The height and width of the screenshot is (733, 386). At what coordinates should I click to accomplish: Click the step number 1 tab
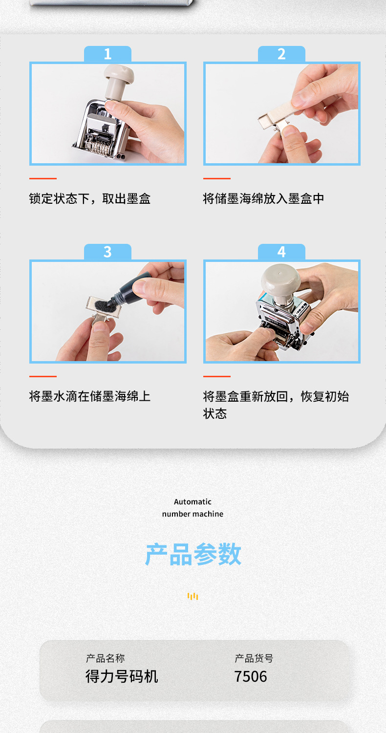pyautogui.click(x=107, y=54)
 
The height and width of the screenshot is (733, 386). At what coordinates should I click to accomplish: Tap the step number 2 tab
pyautogui.click(x=281, y=54)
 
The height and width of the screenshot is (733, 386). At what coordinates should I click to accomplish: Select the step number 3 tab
pyautogui.click(x=107, y=252)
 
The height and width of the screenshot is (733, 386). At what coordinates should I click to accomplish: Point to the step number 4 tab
pyautogui.click(x=281, y=252)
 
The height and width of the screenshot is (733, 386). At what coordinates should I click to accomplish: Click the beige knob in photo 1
pyautogui.click(x=118, y=80)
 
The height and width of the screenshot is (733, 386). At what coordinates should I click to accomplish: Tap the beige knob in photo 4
pyautogui.click(x=280, y=281)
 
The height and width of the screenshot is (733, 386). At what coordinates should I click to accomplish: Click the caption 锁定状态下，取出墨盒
pyautogui.click(x=89, y=198)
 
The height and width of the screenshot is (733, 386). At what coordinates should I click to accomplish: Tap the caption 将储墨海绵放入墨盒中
pyautogui.click(x=263, y=198)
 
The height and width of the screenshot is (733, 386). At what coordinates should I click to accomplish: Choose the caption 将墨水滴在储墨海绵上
pyautogui.click(x=89, y=396)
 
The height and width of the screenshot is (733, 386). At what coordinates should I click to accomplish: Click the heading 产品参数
pyautogui.click(x=193, y=554)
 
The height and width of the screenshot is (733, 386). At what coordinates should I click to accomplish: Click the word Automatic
pyautogui.click(x=193, y=502)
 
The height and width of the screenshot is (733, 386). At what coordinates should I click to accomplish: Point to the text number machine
pyautogui.click(x=193, y=514)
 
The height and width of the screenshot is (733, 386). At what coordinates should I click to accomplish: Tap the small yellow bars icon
pyautogui.click(x=193, y=596)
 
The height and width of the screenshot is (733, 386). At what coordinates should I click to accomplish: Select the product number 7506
pyautogui.click(x=251, y=676)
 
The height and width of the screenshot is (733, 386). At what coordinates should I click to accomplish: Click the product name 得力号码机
pyautogui.click(x=122, y=676)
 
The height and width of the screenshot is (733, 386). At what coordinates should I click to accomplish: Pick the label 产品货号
pyautogui.click(x=254, y=658)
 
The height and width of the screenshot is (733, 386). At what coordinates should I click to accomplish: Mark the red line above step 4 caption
pyautogui.click(x=217, y=376)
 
